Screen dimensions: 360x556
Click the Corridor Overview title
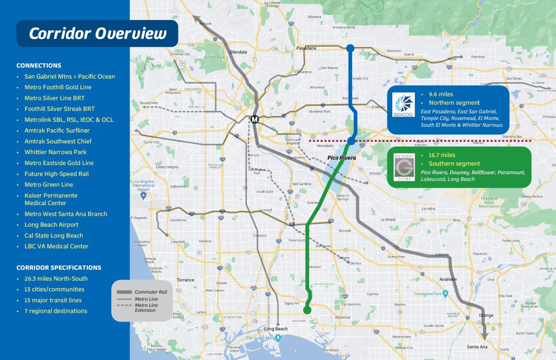pyautogui.click(x=98, y=33)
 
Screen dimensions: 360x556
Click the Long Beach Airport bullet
pyautogui.click(x=51, y=225)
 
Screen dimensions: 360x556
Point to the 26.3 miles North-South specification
pyautogui.click(x=56, y=279)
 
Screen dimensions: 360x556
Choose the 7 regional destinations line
pyautogui.click(x=56, y=311)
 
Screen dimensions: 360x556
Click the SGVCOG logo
pyautogui.click(x=403, y=104)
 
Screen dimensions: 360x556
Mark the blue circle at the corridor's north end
pyautogui.click(x=350, y=48)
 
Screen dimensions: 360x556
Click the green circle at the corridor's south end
pyautogui.click(x=307, y=310)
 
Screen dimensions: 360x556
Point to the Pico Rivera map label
pyautogui.click(x=341, y=158)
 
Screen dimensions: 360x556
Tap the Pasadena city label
pyautogui.click(x=306, y=48)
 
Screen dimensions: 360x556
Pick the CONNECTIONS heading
pyautogui.click(x=39, y=65)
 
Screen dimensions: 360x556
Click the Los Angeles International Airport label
pyautogui.click(x=143, y=185)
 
